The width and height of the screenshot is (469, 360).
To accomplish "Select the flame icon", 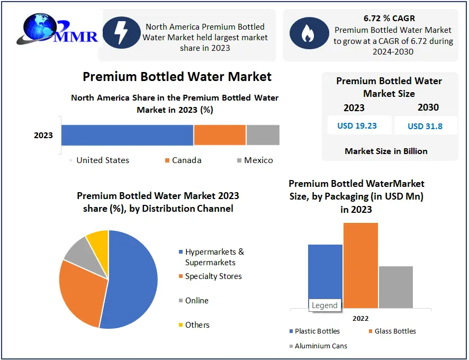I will pos(306,33).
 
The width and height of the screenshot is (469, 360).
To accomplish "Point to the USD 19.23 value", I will pos(357,126).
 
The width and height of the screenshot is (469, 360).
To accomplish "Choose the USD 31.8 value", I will pos(425,126).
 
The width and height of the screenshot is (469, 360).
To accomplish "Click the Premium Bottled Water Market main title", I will pos(177,77).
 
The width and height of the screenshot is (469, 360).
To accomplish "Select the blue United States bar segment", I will pos(127,135).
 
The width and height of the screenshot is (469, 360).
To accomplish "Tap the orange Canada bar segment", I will pos(220,135).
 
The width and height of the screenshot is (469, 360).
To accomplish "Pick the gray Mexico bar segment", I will pos(263,135).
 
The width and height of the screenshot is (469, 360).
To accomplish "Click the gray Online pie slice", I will pos(78,253).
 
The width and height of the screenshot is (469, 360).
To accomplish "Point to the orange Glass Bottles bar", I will pos(360,265).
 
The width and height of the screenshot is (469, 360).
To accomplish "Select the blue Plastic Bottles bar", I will pos(325,273).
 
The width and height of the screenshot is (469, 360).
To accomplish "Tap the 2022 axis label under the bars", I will pos(360,318).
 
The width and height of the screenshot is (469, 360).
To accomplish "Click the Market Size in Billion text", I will pos(386,151).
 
